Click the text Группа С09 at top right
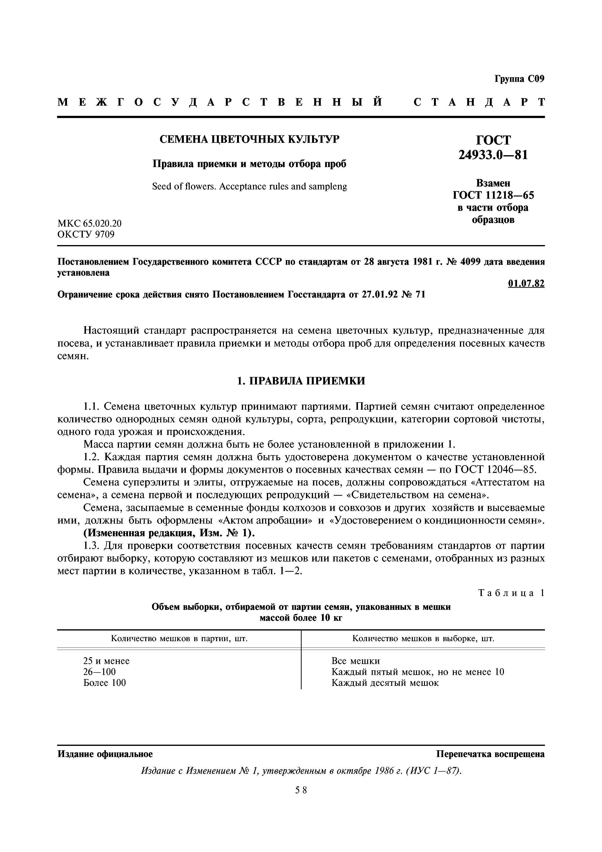point(519,79)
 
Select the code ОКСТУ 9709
point(86,235)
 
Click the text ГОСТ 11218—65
point(493,195)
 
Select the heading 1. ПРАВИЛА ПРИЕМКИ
point(301,381)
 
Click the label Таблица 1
point(511,593)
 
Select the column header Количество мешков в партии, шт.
point(179,639)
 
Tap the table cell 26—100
point(99,672)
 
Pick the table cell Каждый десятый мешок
point(385,683)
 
